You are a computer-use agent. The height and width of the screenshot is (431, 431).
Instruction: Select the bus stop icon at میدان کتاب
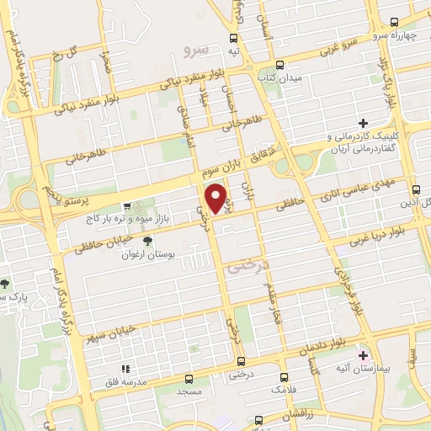click(x=280, y=64)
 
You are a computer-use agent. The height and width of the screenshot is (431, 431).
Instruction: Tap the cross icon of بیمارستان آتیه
click(x=363, y=355)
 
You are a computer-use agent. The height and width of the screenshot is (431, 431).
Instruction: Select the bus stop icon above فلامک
click(x=284, y=377)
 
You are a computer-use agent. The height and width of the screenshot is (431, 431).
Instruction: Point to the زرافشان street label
click(x=300, y=415)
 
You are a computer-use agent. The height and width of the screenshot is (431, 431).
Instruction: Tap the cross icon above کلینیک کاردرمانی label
click(x=363, y=123)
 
